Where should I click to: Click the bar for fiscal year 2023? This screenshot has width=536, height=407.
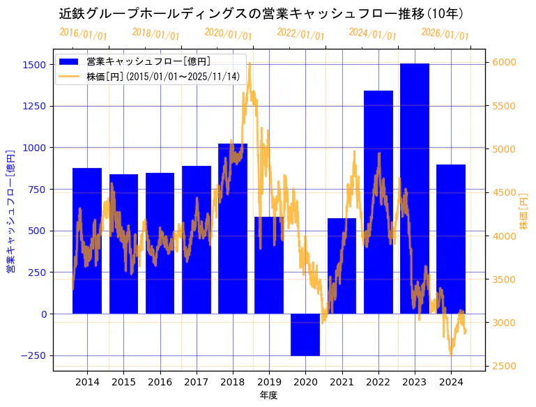[415, 188]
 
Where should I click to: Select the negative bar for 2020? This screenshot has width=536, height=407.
[305, 335]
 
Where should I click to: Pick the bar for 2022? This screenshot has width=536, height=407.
[378, 202]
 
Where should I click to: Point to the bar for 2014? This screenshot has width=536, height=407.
[87, 240]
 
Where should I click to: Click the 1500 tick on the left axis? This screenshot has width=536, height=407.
[34, 65]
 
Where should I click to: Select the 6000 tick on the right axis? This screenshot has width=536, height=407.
[504, 62]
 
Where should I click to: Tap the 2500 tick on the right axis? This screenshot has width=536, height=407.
[504, 366]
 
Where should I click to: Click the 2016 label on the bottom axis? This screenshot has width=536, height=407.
[160, 382]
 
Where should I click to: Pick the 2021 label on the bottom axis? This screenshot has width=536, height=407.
[342, 382]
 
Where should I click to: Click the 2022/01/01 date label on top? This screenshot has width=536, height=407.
[300, 34]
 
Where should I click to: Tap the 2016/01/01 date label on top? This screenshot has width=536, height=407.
[83, 34]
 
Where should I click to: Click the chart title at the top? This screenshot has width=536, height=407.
[261, 13]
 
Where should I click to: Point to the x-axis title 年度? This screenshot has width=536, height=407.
[268, 395]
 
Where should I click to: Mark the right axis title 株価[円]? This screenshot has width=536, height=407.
[524, 213]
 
